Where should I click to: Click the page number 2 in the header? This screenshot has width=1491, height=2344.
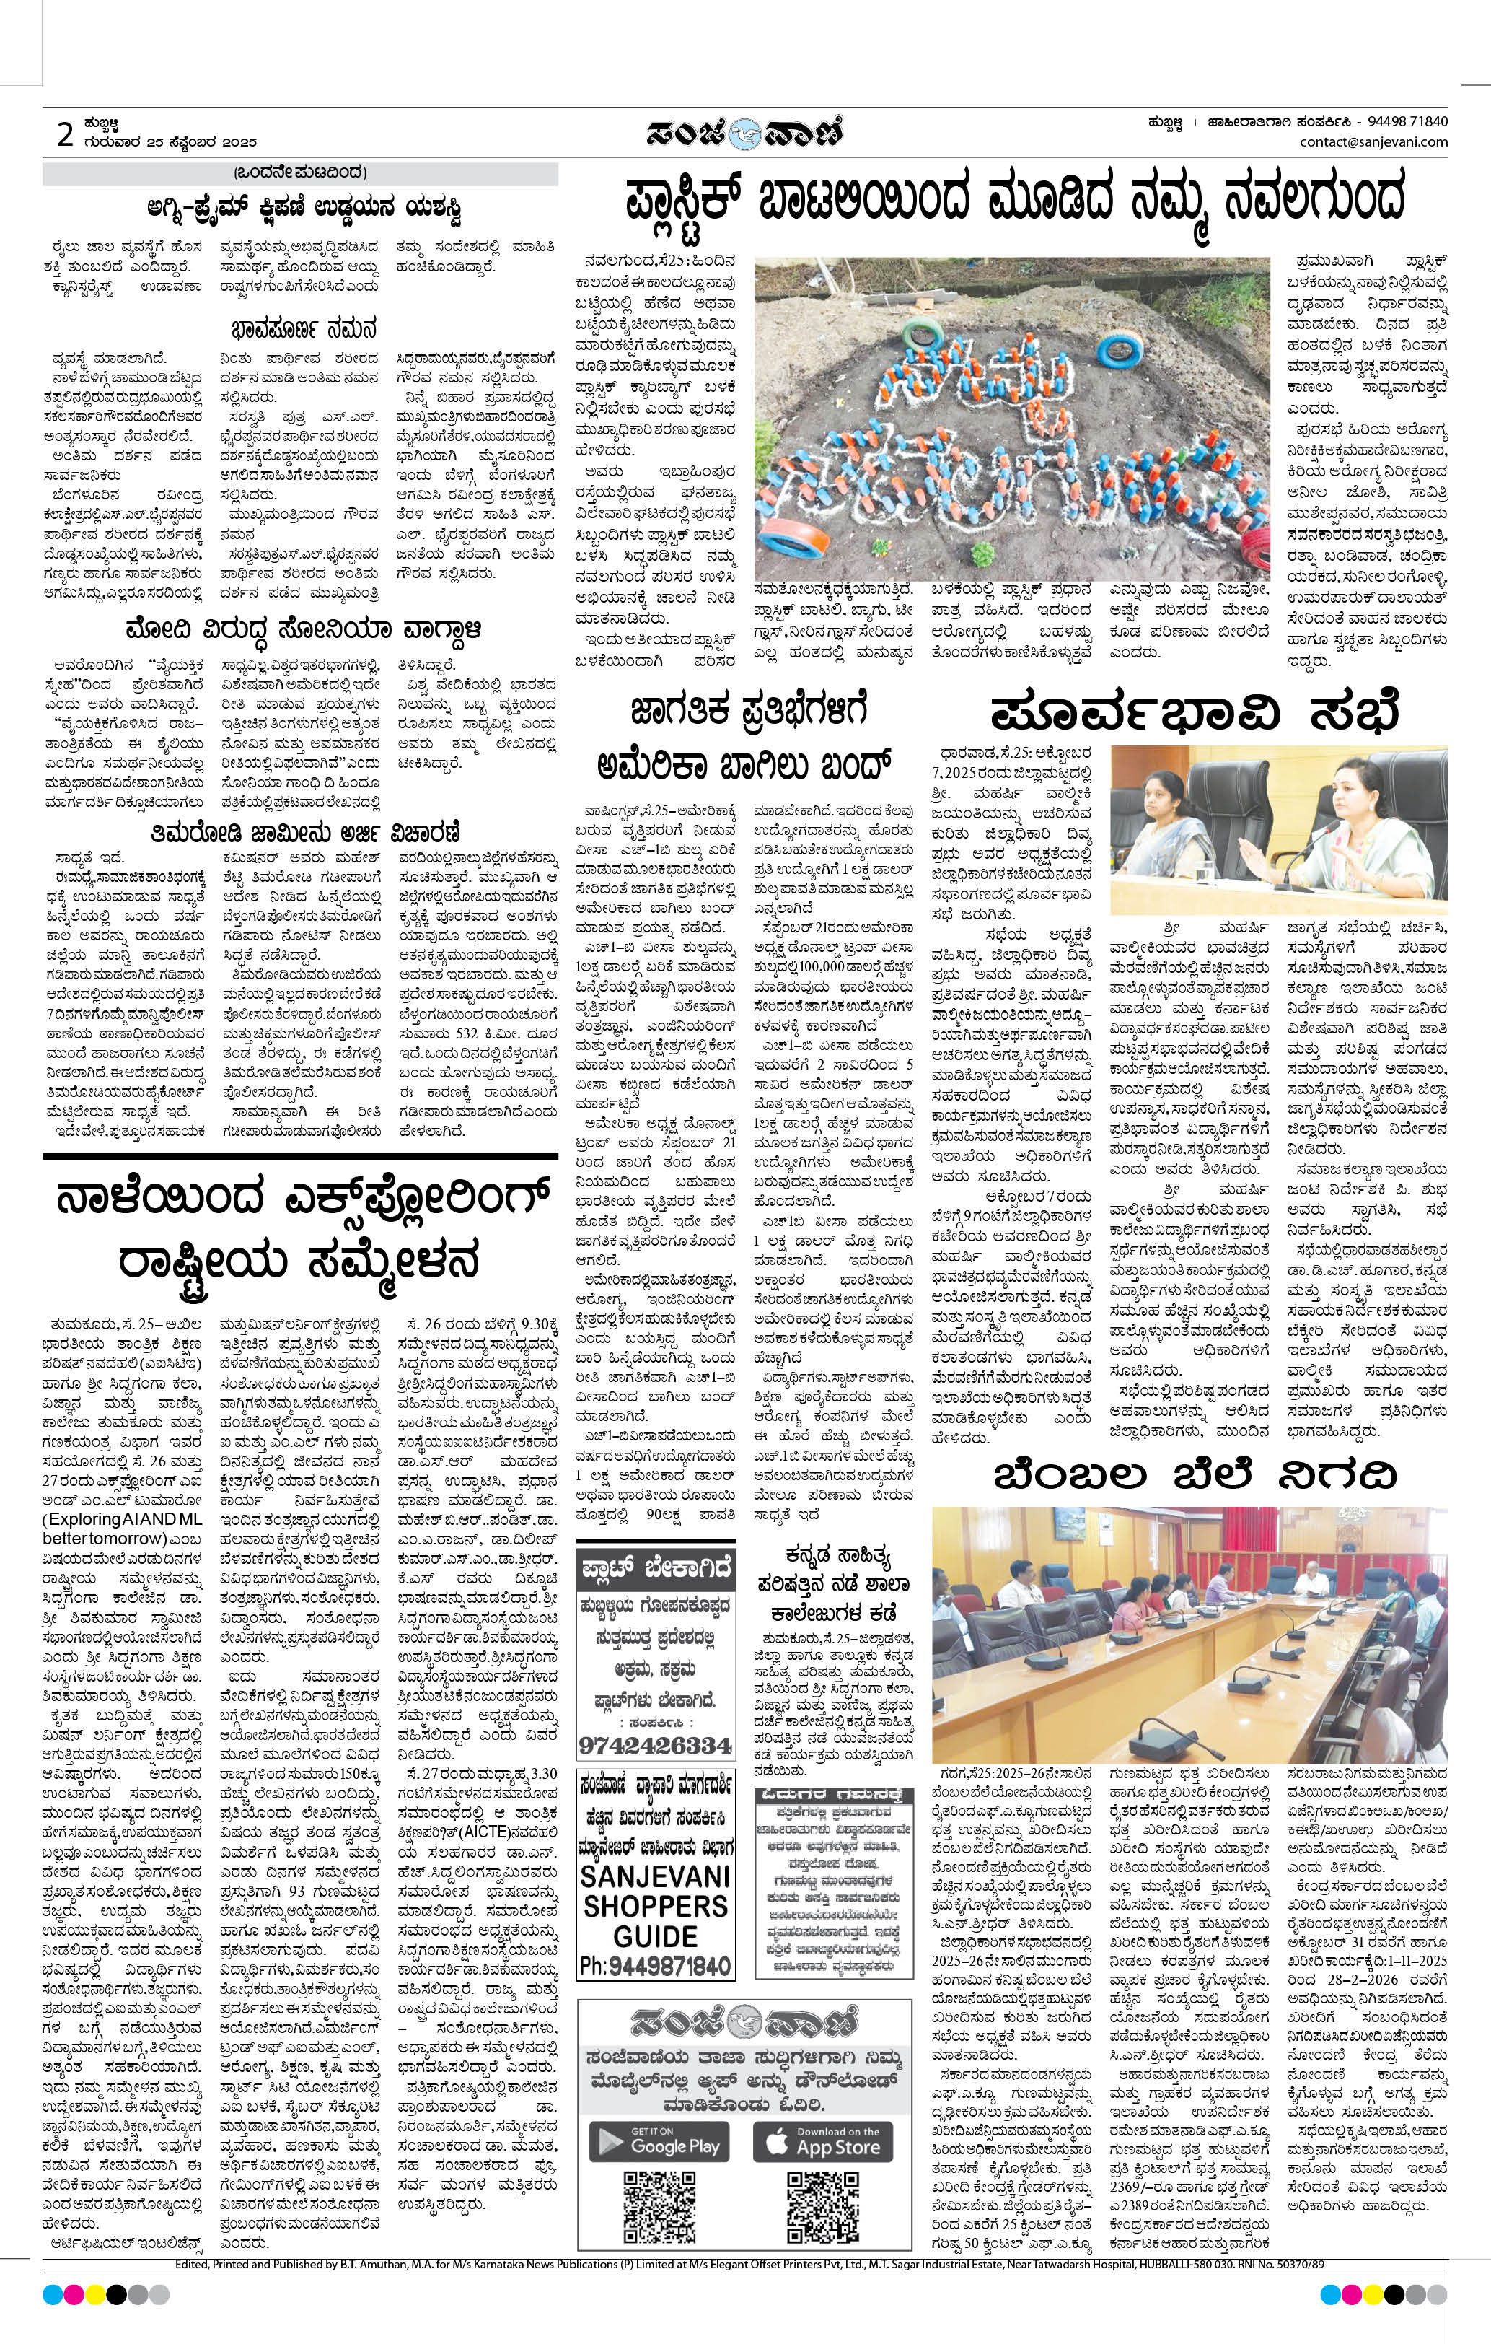tap(65, 135)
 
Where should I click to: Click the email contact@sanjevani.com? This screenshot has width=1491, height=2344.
tap(1373, 142)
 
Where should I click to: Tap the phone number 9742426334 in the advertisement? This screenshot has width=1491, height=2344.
tap(654, 1744)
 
